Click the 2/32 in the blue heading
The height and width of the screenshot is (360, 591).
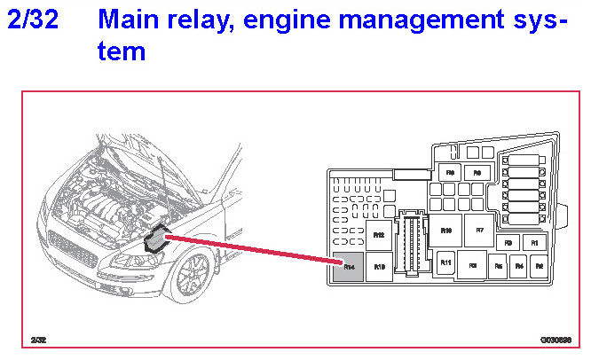click(x=33, y=20)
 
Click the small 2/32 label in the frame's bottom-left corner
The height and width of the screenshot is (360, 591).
click(x=38, y=340)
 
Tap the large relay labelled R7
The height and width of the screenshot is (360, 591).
click(x=479, y=229)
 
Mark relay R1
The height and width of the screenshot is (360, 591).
click(x=533, y=241)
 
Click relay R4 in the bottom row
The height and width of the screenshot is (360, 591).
click(x=519, y=264)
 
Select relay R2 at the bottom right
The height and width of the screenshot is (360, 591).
click(x=539, y=264)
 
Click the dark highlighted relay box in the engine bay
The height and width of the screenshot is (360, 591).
click(x=157, y=239)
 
